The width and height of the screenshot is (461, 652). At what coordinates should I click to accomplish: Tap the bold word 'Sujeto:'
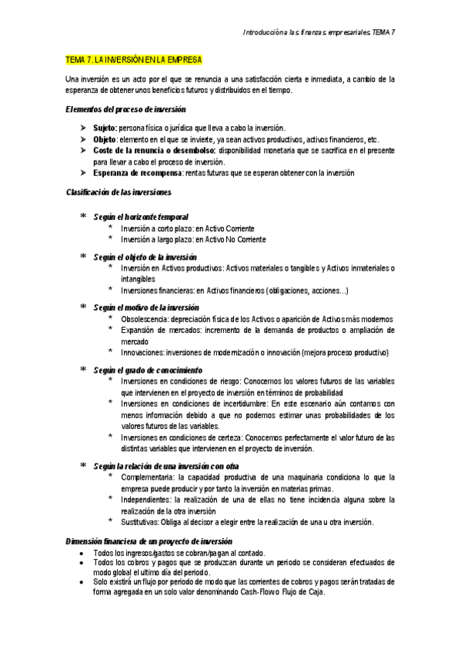click(x=105, y=127)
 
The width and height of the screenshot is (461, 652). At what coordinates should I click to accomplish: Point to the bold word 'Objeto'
click(x=105, y=139)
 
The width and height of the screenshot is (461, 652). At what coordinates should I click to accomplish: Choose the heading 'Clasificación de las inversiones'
click(x=119, y=191)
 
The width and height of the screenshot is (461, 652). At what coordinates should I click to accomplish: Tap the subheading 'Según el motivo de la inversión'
click(x=146, y=307)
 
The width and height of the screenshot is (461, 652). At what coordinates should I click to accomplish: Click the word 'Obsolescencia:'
click(x=145, y=318)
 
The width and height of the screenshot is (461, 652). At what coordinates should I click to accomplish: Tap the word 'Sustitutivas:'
click(x=141, y=522)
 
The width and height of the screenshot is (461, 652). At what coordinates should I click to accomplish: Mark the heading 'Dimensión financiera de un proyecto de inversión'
click(x=149, y=541)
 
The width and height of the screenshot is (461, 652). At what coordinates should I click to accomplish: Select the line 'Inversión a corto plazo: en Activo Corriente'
click(x=187, y=229)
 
